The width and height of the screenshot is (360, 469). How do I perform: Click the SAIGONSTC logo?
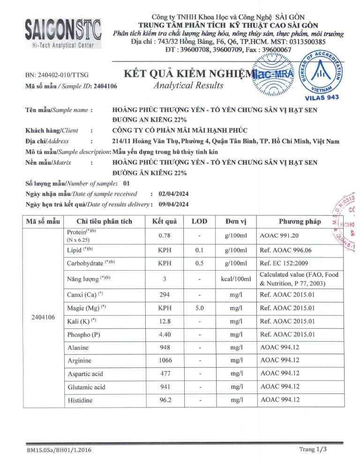[63, 30]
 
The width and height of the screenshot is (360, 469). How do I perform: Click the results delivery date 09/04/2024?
[174, 204]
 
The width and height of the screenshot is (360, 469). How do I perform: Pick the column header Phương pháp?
[300, 221]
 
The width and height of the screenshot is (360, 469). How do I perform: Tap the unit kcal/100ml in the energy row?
[233, 279]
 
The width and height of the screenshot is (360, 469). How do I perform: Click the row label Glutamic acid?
[86, 387]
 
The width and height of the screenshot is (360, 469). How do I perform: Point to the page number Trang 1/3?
[312, 449]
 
